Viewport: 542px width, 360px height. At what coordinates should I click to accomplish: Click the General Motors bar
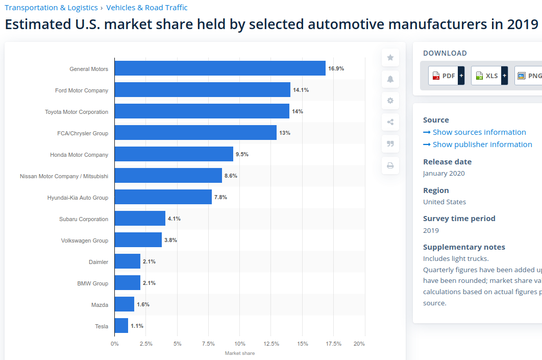(220, 68)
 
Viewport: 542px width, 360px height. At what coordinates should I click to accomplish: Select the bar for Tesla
(121, 325)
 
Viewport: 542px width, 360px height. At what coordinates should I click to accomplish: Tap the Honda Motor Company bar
(174, 154)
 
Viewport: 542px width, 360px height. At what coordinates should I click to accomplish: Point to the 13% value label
(285, 133)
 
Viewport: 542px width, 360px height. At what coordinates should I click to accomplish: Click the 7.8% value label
(220, 197)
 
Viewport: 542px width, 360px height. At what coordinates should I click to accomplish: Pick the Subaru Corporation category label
(84, 219)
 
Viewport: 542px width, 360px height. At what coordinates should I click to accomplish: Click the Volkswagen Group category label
(85, 241)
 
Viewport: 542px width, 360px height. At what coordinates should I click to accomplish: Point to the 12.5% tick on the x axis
(272, 344)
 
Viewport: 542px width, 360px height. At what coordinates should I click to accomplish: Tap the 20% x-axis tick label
(359, 344)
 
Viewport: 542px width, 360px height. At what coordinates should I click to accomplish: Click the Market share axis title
(240, 353)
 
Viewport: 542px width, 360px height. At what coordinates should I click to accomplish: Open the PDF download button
(446, 76)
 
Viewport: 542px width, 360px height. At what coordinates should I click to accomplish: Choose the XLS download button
(489, 76)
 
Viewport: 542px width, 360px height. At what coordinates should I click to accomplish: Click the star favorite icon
(390, 57)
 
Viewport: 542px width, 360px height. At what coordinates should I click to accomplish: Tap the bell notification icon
(390, 79)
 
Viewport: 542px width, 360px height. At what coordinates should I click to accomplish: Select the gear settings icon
(390, 101)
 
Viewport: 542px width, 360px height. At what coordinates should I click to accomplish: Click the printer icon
(390, 165)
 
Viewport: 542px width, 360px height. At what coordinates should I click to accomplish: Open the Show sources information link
(475, 132)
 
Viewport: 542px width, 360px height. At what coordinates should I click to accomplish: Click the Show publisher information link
(478, 144)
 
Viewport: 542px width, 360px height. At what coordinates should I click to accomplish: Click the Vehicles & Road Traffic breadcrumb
(147, 8)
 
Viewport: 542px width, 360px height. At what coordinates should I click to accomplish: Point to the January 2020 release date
(444, 173)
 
